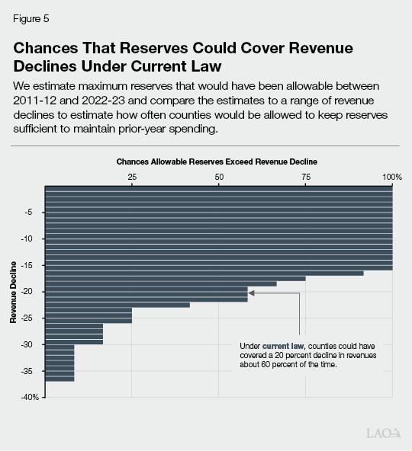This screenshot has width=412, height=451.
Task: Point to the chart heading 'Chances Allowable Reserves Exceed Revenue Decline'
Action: [216, 162]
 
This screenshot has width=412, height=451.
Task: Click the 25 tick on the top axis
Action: [132, 177]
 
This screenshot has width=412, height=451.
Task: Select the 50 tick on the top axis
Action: [219, 177]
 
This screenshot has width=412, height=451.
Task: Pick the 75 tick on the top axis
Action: [305, 177]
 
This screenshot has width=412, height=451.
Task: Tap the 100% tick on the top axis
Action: [391, 177]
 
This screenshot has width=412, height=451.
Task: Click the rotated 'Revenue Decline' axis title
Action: [14, 292]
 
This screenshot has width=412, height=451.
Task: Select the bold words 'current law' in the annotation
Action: [282, 346]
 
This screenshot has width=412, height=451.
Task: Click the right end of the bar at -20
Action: [246, 292]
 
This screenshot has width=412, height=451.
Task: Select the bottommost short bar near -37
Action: [60, 378]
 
